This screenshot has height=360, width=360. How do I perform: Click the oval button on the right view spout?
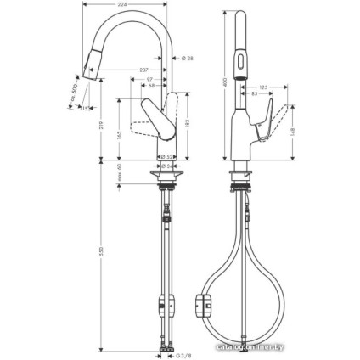click(x=241, y=59)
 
